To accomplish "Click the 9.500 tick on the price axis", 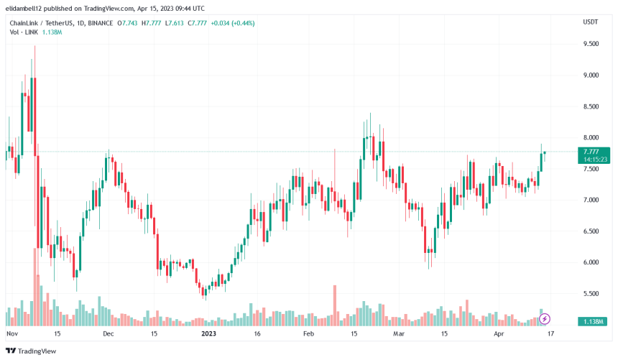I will point(592,44).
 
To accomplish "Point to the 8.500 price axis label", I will point(592,106).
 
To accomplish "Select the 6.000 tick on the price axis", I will point(592,263).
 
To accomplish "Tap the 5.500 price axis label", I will point(592,294).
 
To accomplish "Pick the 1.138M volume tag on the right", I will point(593,320).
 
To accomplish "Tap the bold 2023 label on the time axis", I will point(208,334).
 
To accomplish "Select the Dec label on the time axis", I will point(108,334).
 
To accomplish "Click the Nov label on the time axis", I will point(11,334).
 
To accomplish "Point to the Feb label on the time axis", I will point(308,334).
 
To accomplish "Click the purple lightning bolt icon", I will point(545,318).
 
